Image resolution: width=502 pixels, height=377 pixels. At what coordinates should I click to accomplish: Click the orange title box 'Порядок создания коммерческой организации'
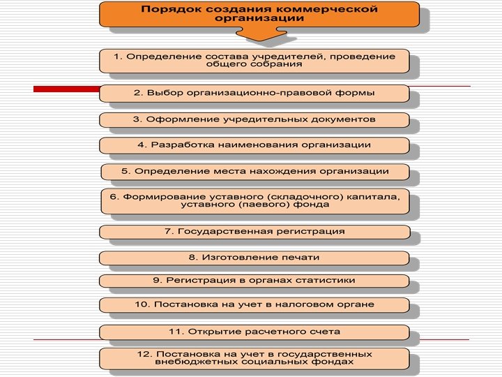[259, 15]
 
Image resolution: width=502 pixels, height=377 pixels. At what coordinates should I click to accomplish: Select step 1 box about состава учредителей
[254, 60]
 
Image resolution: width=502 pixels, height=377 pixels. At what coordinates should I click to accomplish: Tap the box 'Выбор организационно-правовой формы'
[254, 93]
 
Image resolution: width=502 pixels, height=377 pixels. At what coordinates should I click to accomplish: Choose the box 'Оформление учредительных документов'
[254, 119]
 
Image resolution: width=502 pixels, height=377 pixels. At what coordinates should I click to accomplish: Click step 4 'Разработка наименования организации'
[254, 145]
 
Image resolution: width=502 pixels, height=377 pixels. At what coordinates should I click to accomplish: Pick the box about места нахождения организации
[254, 171]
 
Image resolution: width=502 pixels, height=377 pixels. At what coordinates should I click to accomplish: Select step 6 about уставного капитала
[254, 200]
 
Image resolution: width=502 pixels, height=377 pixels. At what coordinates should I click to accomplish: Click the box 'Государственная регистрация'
[254, 232]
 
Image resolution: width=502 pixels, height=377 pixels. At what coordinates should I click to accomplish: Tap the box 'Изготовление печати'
[254, 258]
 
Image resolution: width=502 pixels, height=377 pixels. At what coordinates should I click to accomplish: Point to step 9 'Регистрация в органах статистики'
[254, 281]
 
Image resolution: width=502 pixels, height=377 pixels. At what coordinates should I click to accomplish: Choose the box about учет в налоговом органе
[254, 305]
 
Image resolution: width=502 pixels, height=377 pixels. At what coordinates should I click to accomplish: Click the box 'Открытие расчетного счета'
[254, 332]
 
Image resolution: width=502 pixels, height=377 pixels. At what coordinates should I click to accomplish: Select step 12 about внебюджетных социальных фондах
[254, 358]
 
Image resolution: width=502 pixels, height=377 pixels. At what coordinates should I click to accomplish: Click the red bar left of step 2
[66, 89]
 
